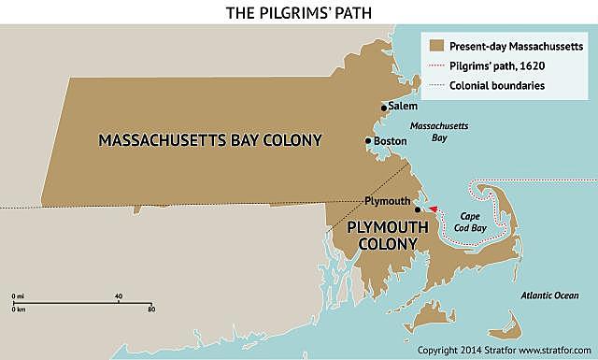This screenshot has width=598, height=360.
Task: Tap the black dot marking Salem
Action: pos(383,108)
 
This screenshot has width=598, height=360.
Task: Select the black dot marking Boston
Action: pos(368,141)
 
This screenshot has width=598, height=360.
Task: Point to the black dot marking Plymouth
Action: pos(417,209)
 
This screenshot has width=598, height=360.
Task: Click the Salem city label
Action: pos(403,107)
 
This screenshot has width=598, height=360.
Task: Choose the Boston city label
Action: pos(390,141)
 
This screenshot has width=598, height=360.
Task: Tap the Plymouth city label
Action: pos(388,201)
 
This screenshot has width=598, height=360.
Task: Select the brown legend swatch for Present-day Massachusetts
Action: pos(434,45)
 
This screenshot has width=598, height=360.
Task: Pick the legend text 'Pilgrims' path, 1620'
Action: pos(498,65)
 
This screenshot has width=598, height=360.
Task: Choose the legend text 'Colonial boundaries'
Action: pos(497,86)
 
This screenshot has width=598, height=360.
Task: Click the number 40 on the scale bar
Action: pos(118,296)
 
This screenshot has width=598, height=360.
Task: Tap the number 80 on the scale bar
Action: pos(150,309)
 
